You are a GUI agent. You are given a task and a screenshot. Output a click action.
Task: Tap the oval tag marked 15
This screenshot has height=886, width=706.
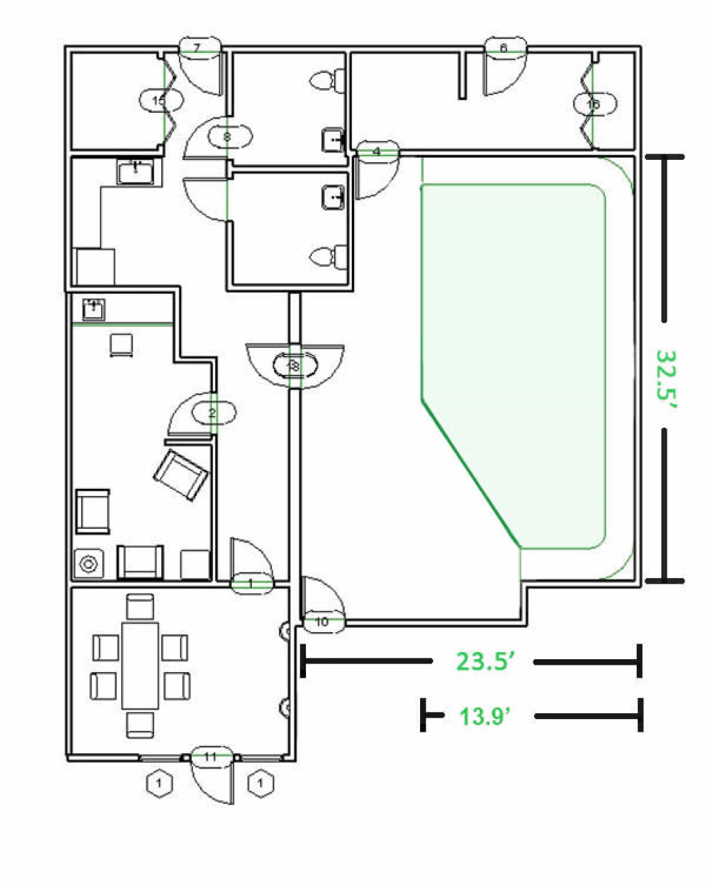tap(159, 100)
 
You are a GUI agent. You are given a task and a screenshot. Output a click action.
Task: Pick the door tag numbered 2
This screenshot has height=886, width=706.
tap(212, 413)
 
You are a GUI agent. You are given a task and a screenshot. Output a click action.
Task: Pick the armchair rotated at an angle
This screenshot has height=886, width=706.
tap(181, 475)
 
